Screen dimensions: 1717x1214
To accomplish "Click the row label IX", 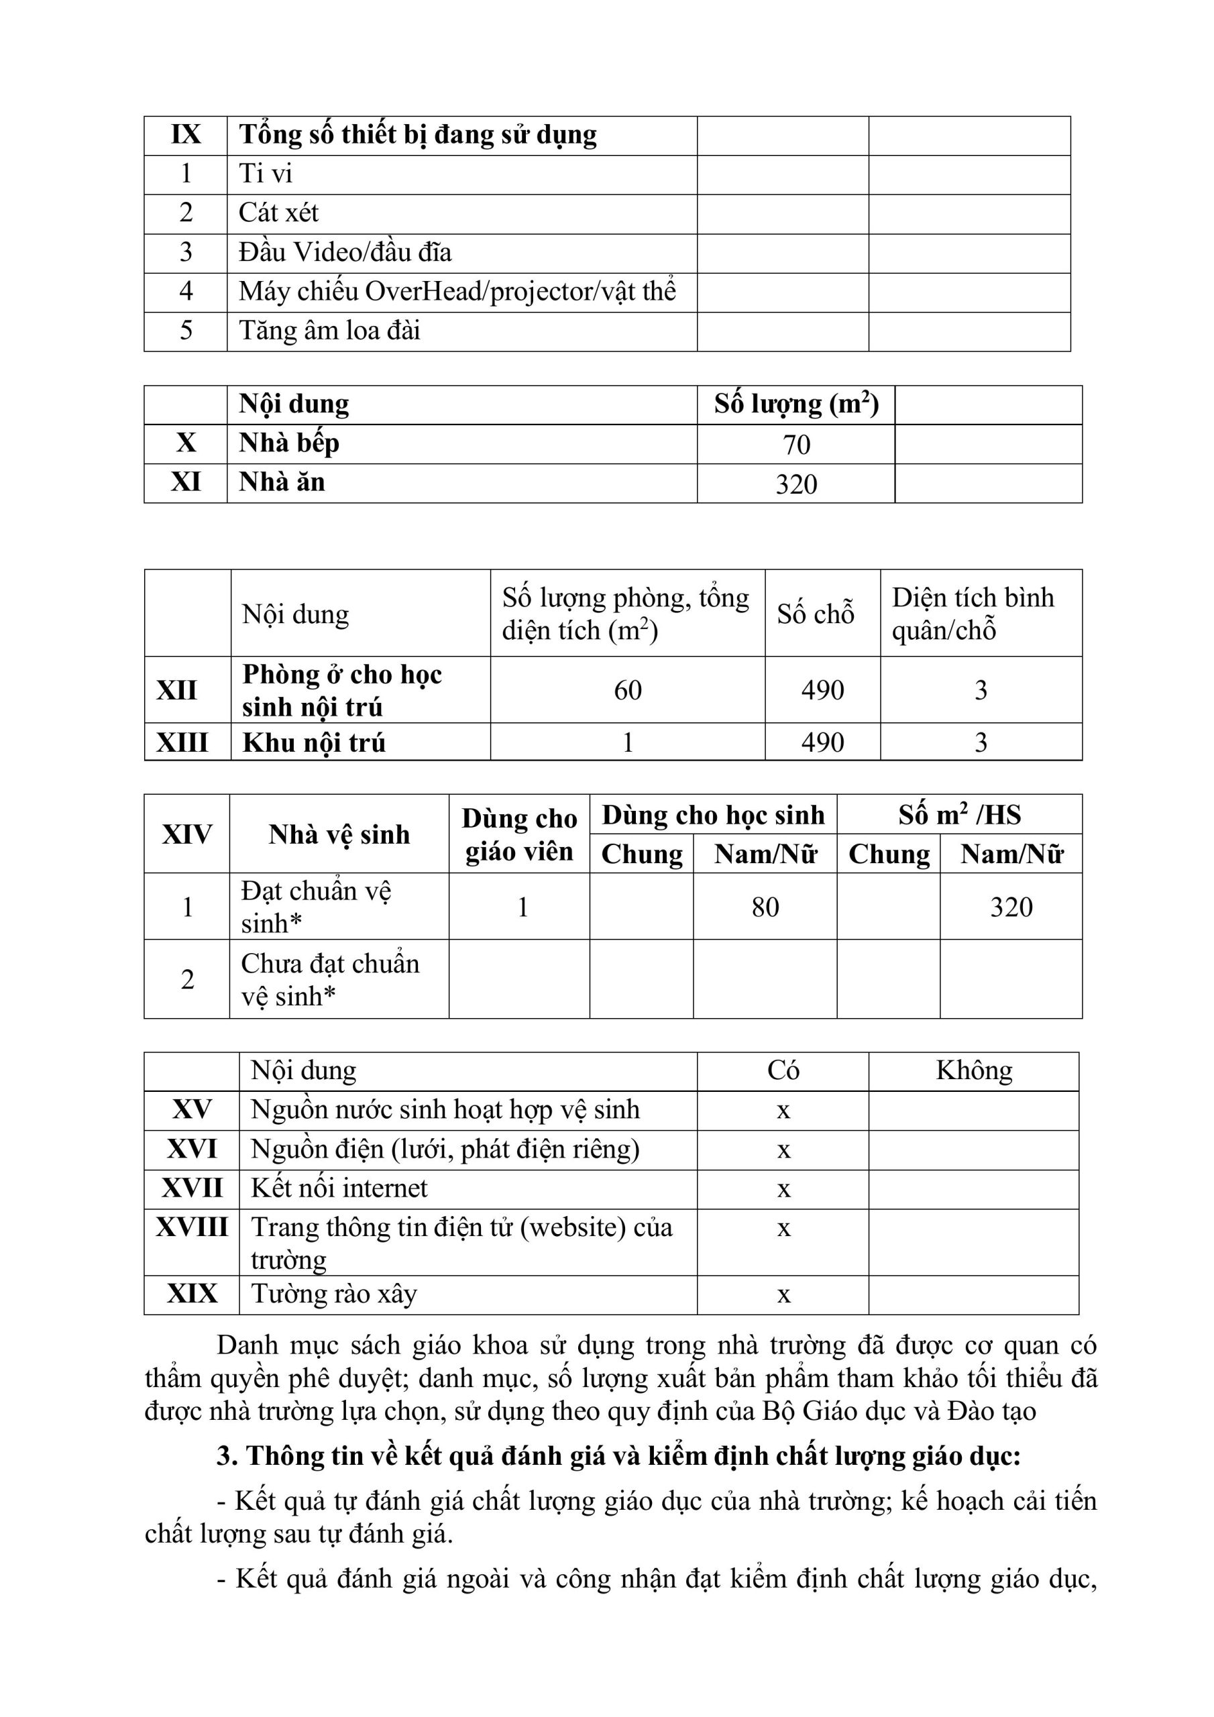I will pyautogui.click(x=186, y=135).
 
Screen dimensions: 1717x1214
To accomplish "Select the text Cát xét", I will pyautogui.click(x=278, y=213).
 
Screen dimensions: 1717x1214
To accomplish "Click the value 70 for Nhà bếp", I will pyautogui.click(x=796, y=445).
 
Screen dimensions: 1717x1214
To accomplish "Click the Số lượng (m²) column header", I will pyautogui.click(x=796, y=404).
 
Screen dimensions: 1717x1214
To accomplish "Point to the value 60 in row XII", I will pyautogui.click(x=628, y=690).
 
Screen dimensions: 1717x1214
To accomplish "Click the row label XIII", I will pyautogui.click(x=182, y=742).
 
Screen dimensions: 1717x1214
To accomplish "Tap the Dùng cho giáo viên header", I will pyautogui.click(x=519, y=834).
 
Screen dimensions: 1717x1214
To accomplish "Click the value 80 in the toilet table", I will pyautogui.click(x=765, y=907).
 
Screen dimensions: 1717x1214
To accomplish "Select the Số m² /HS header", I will pyautogui.click(x=959, y=814).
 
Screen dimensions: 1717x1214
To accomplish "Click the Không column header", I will pyautogui.click(x=974, y=1071).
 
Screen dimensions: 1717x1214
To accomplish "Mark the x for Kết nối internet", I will pyautogui.click(x=783, y=1189).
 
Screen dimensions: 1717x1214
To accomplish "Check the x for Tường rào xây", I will pyautogui.click(x=783, y=1294).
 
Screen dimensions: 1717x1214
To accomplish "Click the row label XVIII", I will pyautogui.click(x=191, y=1227).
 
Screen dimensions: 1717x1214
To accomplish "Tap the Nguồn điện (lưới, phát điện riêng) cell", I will pyautogui.click(x=445, y=1150).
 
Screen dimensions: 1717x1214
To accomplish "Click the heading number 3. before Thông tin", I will pyautogui.click(x=227, y=1456).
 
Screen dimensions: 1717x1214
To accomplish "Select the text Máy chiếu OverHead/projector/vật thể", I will pyautogui.click(x=457, y=292).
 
